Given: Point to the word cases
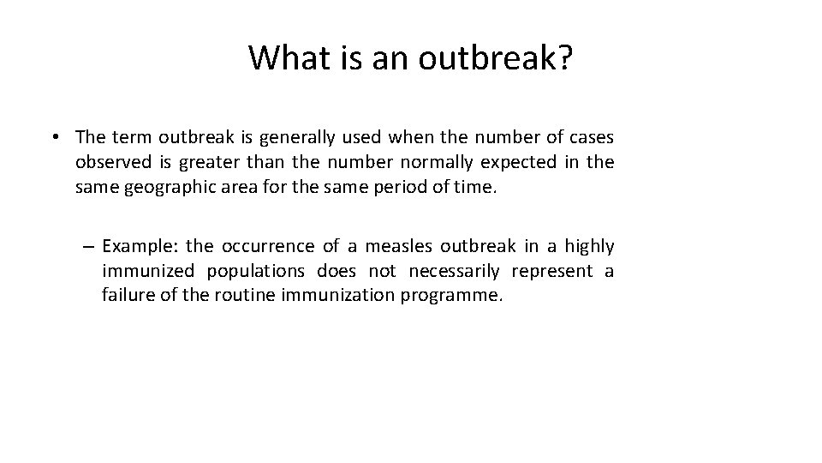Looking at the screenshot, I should (592, 136).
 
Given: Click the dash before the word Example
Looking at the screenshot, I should (89, 247).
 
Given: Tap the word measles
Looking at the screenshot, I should (399, 247).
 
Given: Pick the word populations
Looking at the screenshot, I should (253, 272).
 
